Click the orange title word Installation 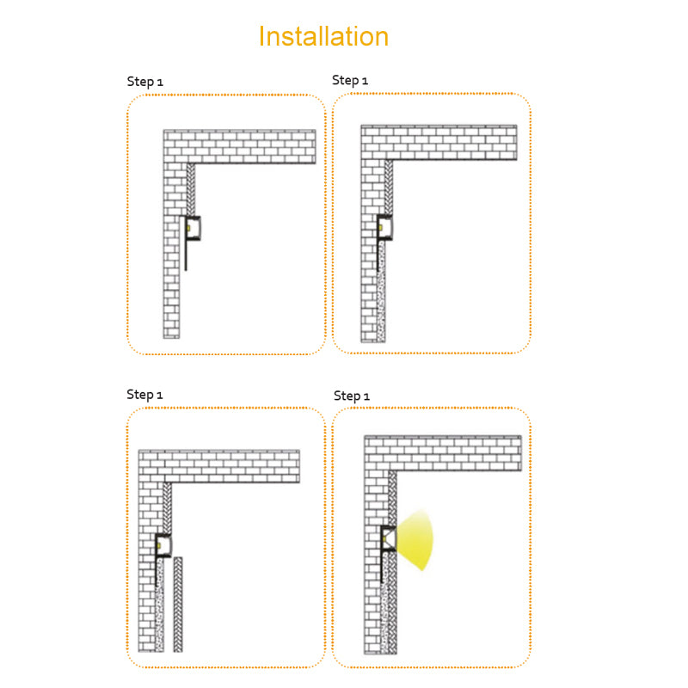pyautogui.click(x=323, y=36)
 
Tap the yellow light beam pyautogui.click(x=415, y=541)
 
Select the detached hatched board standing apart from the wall pyautogui.click(x=178, y=605)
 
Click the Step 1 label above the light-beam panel pyautogui.click(x=352, y=396)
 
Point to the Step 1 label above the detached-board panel pyautogui.click(x=144, y=395)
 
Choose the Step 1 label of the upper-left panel pyautogui.click(x=144, y=82)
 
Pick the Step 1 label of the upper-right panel pyautogui.click(x=350, y=80)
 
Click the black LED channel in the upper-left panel pyautogui.click(x=193, y=228)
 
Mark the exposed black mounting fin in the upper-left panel pyautogui.click(x=186, y=255)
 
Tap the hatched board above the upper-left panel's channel pyautogui.click(x=191, y=189)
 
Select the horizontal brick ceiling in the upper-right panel pyautogui.click(x=439, y=143)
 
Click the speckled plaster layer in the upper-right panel pyautogui.click(x=381, y=291)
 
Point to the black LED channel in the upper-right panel pyautogui.click(x=384, y=227)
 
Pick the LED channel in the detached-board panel pyautogui.click(x=163, y=546)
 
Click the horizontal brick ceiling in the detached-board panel pyautogui.click(x=219, y=466)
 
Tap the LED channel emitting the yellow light pyautogui.click(x=388, y=538)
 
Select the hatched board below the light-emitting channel pyautogui.click(x=393, y=603)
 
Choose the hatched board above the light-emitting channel pyautogui.click(x=392, y=498)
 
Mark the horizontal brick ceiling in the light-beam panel pyautogui.click(x=443, y=453)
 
